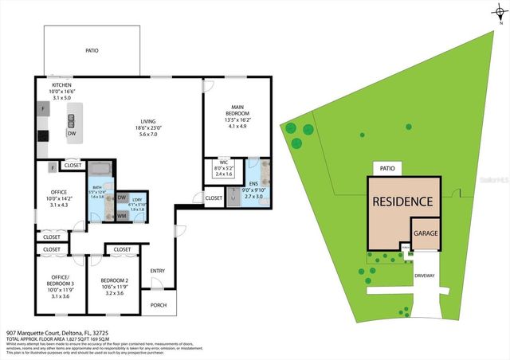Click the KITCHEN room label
point(62,84)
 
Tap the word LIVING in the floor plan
point(143,122)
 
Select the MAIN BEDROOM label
point(237,108)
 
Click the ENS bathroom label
point(254,182)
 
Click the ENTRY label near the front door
point(157,270)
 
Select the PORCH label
point(157,303)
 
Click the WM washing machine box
point(122,215)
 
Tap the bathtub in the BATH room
point(100,169)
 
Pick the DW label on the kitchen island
point(72,134)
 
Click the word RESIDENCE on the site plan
point(403,202)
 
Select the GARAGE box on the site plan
point(425,232)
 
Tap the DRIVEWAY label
point(425,276)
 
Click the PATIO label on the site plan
point(386,169)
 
